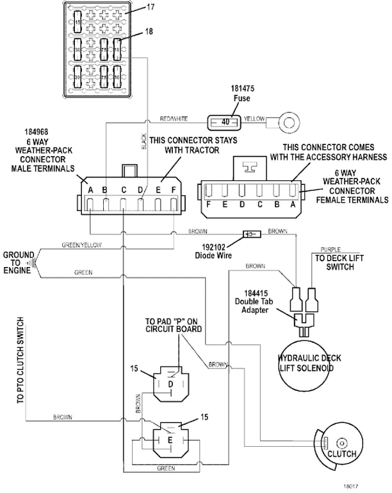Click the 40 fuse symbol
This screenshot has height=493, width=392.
(224, 120)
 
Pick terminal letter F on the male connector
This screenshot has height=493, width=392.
(174, 189)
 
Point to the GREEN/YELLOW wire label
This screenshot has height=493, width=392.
(81, 245)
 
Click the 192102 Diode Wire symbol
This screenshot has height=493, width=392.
(251, 234)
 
